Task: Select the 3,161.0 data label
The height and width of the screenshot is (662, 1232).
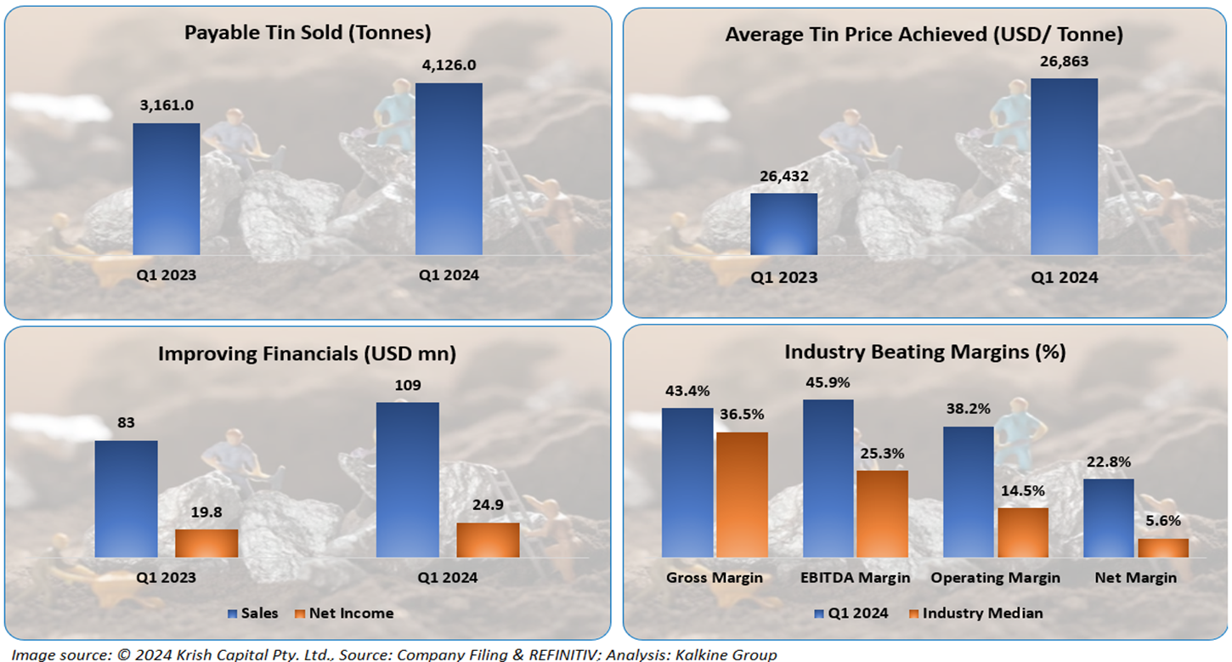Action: pyautogui.click(x=167, y=106)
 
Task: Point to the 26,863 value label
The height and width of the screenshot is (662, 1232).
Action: pyautogui.click(x=1064, y=61)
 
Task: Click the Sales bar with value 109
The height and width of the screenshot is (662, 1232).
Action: pyautogui.click(x=408, y=479)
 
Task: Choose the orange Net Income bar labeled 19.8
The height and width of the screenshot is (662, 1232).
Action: pyautogui.click(x=206, y=543)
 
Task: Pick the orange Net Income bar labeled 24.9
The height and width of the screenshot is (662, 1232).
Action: pyautogui.click(x=488, y=540)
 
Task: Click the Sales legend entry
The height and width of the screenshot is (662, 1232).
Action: pyautogui.click(x=252, y=613)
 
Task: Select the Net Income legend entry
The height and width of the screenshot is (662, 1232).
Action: pyautogui.click(x=343, y=613)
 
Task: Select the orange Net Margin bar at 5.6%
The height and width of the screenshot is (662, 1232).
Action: pyautogui.click(x=1162, y=547)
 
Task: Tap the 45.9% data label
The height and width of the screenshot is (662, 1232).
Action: pyautogui.click(x=828, y=383)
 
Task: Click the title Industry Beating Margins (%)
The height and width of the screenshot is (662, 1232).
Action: pyautogui.click(x=924, y=352)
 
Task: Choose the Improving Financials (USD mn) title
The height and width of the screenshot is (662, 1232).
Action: pyautogui.click(x=307, y=354)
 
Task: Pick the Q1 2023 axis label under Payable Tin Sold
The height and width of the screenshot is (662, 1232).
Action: pyautogui.click(x=167, y=275)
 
